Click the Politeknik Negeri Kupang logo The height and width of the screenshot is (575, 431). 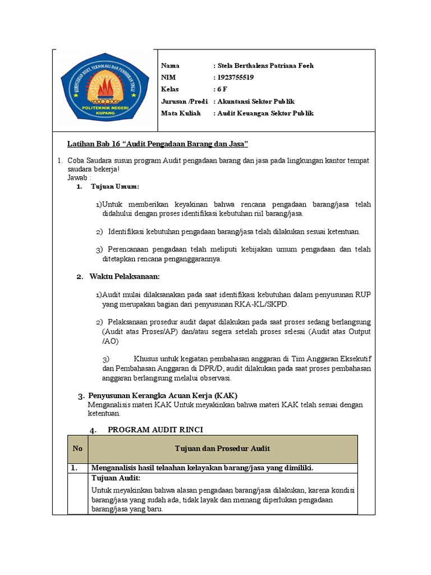104,90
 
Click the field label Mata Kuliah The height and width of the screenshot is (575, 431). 181,113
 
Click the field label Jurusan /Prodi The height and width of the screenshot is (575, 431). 184,101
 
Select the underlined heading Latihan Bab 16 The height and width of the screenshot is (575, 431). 158,144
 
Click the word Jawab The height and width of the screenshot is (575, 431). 77,177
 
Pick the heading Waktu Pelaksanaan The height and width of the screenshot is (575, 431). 125,276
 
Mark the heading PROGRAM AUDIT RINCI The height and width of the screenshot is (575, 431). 155,430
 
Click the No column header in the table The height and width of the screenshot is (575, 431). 77,448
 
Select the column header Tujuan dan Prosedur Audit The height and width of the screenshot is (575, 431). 222,448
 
